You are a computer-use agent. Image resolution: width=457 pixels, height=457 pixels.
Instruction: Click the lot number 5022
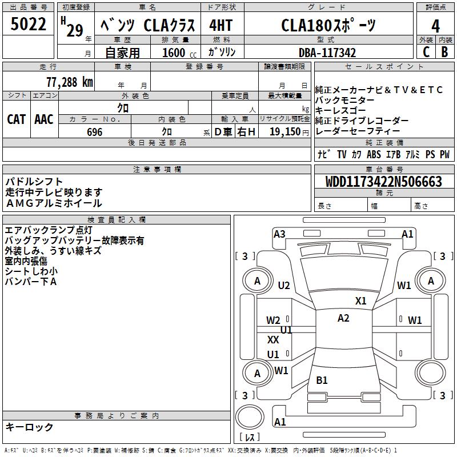point(28,25)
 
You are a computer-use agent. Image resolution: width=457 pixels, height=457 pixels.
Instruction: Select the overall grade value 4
point(436,26)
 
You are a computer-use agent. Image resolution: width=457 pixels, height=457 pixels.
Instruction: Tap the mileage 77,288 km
point(69,82)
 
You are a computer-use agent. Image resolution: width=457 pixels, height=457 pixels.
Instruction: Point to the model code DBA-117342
point(327,53)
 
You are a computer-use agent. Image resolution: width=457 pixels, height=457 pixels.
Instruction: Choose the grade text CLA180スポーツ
point(328,26)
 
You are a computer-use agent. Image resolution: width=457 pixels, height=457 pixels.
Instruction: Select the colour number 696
point(95,132)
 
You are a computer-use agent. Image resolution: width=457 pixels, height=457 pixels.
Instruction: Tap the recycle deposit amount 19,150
point(284,132)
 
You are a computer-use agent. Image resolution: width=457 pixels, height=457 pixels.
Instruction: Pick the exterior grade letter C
point(426,52)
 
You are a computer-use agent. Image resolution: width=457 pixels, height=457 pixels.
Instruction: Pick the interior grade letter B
point(445,52)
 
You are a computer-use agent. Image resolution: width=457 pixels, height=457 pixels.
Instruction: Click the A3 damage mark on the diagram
point(279,234)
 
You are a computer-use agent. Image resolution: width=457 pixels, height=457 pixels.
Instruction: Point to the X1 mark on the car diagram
point(360,300)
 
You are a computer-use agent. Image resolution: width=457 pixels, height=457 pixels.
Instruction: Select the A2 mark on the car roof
point(343,318)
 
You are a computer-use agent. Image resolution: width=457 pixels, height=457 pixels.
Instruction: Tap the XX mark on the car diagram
point(274,340)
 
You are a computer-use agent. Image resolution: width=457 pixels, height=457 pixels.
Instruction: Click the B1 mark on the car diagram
point(322,380)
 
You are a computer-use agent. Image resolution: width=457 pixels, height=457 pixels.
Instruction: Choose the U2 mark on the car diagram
point(284,285)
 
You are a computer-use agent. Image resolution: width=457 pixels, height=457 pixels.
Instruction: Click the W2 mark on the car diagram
point(273,320)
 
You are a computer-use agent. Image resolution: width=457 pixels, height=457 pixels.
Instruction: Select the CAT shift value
point(16,119)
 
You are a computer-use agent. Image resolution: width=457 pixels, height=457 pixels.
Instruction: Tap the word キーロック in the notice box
point(29,427)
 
